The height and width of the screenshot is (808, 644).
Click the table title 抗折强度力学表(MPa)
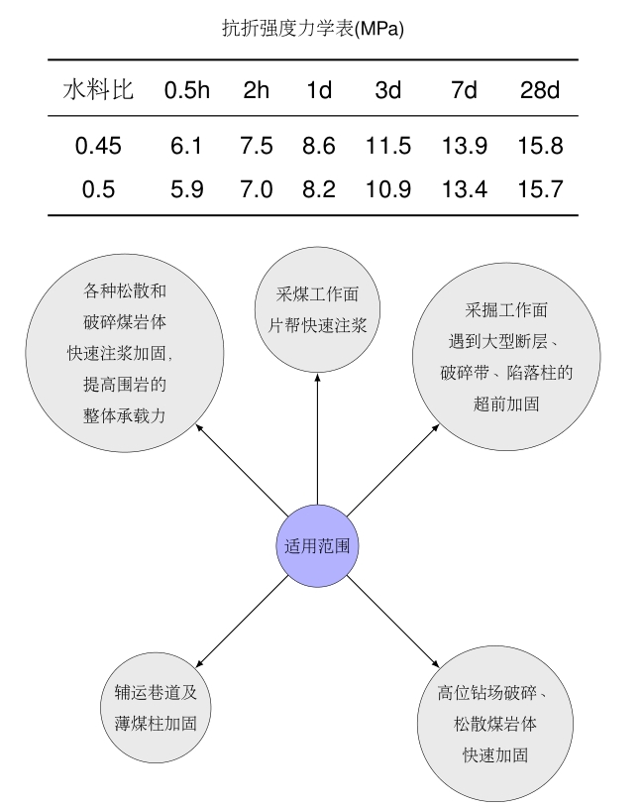click(313, 28)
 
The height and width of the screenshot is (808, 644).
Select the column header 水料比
click(98, 89)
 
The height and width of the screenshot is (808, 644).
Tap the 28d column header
click(540, 90)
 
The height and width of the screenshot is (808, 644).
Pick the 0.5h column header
click(187, 90)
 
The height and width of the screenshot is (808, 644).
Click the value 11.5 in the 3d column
click(388, 146)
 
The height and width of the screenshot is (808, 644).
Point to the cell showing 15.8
click(540, 146)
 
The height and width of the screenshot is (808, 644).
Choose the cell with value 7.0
click(257, 189)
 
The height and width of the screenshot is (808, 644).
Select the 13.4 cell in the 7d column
click(465, 189)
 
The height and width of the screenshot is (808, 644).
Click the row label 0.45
click(98, 146)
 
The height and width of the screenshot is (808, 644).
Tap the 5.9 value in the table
click(187, 189)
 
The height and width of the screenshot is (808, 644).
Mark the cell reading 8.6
click(319, 146)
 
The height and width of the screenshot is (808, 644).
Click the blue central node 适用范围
click(317, 545)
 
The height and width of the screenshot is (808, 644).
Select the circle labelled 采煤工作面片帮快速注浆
click(318, 309)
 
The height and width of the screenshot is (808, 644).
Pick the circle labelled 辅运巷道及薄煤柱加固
click(156, 708)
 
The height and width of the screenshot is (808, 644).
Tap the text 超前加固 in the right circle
click(506, 404)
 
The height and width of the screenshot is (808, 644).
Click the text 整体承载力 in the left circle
click(125, 415)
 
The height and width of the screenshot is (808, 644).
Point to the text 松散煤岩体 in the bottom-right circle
click(494, 724)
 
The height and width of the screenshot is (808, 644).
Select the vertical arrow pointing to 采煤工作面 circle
click(317, 439)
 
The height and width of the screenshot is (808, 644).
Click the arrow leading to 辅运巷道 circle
click(243, 622)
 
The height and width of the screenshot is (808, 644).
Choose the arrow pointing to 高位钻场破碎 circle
click(392, 622)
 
